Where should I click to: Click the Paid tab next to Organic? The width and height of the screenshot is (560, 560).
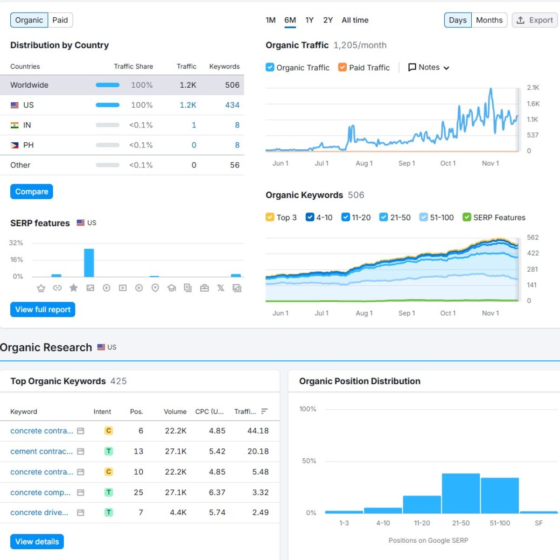60,20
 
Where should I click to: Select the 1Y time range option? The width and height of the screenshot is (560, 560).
309,20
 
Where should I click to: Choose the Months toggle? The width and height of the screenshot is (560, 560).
489,20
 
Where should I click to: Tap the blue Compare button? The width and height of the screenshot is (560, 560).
32,192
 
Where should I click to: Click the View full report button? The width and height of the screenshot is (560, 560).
42,309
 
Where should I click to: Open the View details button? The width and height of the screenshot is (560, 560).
37,541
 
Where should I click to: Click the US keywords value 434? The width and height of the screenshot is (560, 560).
232,105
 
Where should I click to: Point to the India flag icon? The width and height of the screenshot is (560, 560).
15,125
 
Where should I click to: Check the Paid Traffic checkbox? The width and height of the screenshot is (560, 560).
343,67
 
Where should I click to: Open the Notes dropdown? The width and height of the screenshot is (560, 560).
428,67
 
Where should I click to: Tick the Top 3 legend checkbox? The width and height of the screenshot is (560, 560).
270,217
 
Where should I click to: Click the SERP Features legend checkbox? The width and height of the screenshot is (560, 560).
467,217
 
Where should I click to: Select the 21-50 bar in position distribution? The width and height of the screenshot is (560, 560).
461,493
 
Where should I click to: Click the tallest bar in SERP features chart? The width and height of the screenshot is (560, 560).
89,263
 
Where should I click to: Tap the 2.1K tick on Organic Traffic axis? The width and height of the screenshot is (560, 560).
533,88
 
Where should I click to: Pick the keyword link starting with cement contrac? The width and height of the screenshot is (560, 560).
42,451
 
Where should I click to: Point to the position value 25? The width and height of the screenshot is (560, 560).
138,492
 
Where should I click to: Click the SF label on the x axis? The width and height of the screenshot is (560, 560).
539,523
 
